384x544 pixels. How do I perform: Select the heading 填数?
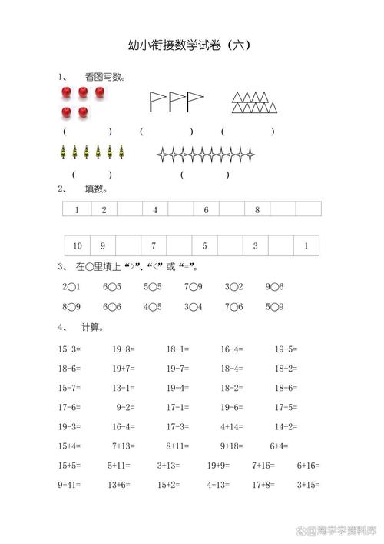96,189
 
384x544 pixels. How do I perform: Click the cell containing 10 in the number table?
78,246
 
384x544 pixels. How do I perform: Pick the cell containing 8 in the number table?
257,209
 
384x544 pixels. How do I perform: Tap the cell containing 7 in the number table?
154,246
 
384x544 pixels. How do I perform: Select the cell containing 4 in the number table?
154,209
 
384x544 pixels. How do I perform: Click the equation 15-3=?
69,349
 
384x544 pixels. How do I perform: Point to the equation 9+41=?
71,485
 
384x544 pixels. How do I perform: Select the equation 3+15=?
308,485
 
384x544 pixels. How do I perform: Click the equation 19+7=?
124,369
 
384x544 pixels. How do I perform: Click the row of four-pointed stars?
206,155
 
